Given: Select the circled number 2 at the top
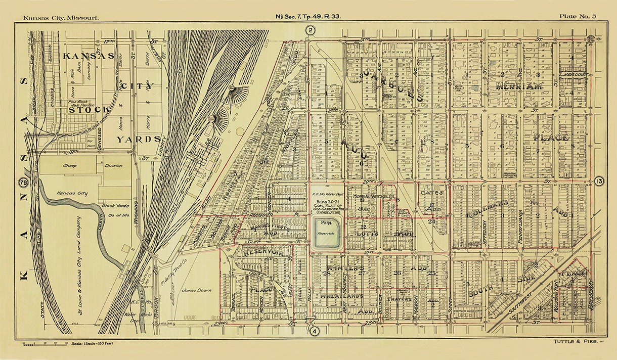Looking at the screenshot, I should coord(311,31).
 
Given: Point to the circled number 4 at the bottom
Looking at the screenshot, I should coord(315,332).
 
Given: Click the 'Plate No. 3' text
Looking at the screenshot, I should coord(577,17).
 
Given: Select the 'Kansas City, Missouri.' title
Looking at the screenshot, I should coord(61,18).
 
